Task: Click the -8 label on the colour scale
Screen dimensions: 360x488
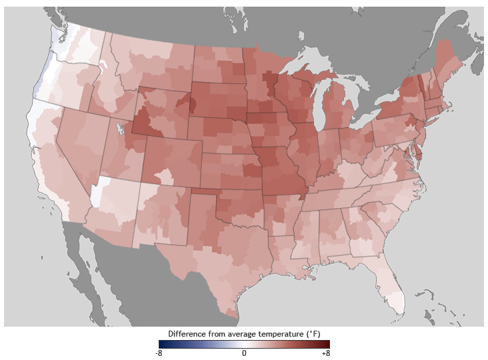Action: click(x=159, y=353)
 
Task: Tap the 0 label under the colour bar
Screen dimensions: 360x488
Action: click(x=244, y=353)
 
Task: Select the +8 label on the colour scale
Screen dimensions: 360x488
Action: click(x=325, y=353)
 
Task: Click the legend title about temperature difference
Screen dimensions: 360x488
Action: click(x=244, y=333)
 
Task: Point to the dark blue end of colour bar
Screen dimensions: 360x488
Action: click(x=161, y=344)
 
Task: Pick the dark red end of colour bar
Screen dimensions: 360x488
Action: click(x=327, y=344)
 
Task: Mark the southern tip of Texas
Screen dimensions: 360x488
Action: click(x=229, y=311)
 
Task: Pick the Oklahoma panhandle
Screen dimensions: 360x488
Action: click(x=206, y=193)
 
